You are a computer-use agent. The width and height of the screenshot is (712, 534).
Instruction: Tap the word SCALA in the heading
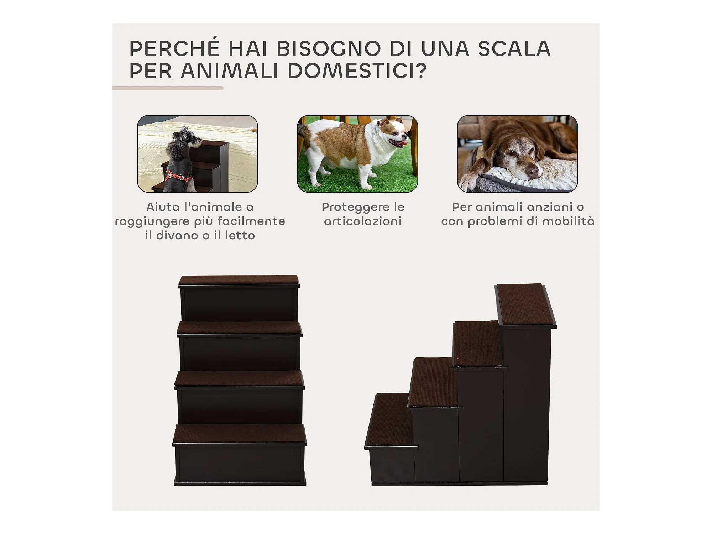click(x=514, y=48)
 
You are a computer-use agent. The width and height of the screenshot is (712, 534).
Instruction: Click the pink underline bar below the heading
click(x=168, y=88)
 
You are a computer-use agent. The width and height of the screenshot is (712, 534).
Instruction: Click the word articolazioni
click(x=363, y=221)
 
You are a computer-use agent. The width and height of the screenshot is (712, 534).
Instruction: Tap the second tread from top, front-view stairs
click(x=239, y=328)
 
